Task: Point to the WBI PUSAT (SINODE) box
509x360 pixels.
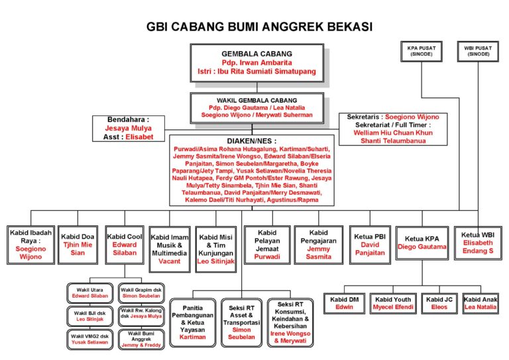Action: (x=478, y=51)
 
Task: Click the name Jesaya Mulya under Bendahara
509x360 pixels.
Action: (x=129, y=128)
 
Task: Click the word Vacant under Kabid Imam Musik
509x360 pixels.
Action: (x=170, y=261)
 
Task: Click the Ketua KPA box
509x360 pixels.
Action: (x=422, y=243)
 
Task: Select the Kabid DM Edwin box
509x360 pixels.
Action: (x=344, y=303)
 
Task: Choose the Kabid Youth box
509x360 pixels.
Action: (x=392, y=303)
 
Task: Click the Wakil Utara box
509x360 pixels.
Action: (x=90, y=292)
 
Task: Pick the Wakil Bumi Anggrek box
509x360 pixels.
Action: (x=141, y=338)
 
